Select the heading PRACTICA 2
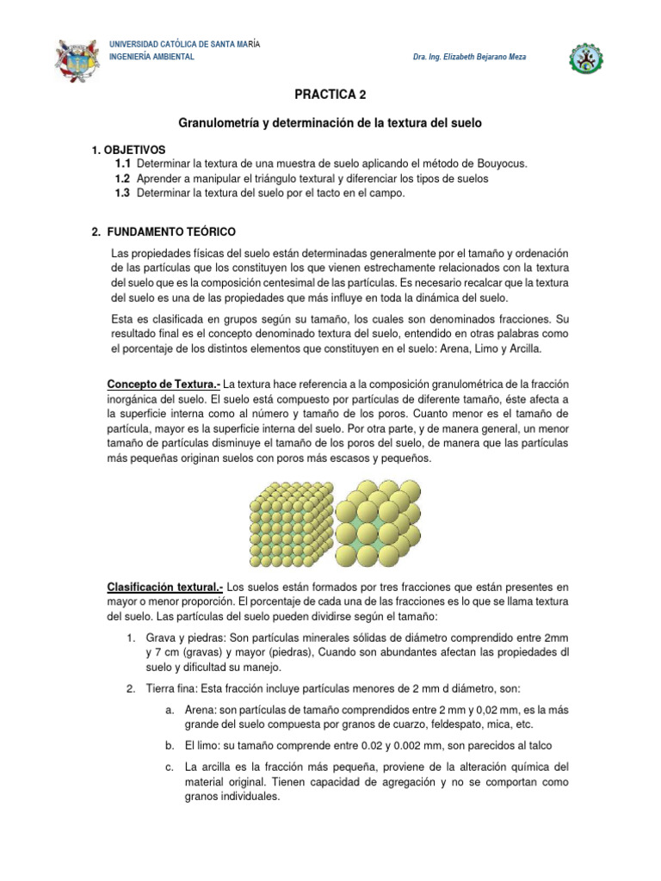pyautogui.click(x=330, y=95)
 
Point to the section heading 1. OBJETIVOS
pyautogui.click(x=128, y=150)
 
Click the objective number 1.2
pyautogui.click(x=122, y=178)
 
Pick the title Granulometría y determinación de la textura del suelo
pyautogui.click(x=330, y=124)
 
